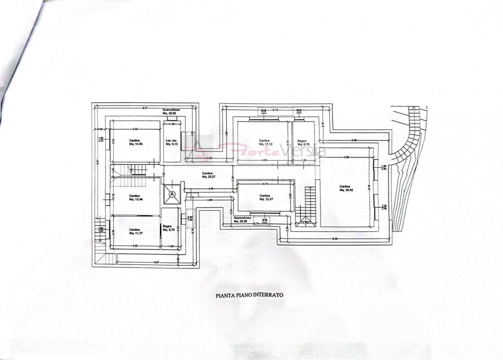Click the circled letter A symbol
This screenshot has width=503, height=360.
click(172, 194)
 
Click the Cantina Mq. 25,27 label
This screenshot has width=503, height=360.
click(208, 175)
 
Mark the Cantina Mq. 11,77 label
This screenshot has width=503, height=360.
click(136, 232)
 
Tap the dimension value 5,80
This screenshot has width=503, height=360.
click(354, 140)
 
